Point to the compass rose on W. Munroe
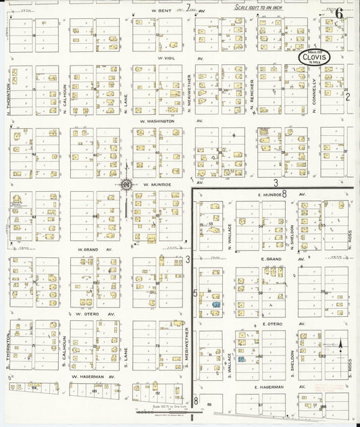(126, 184)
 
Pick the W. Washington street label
(157, 121)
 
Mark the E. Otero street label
(271, 324)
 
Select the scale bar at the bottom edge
(159, 411)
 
